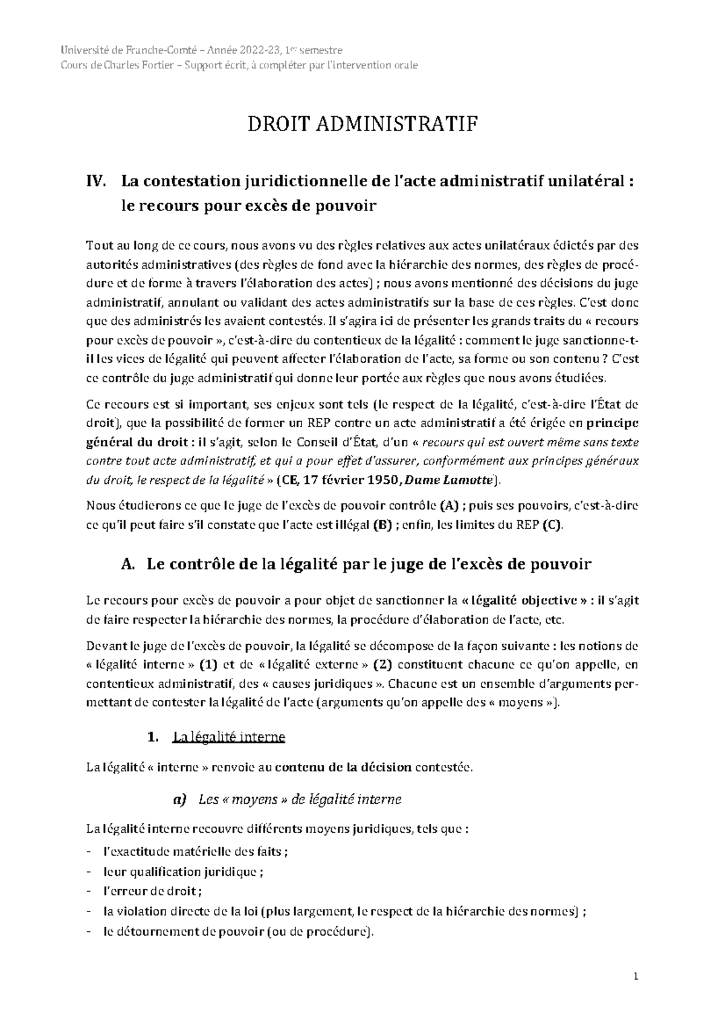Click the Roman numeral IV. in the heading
click(98, 181)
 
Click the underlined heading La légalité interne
click(228, 737)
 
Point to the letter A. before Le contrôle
click(127, 564)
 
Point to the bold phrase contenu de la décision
click(343, 768)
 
